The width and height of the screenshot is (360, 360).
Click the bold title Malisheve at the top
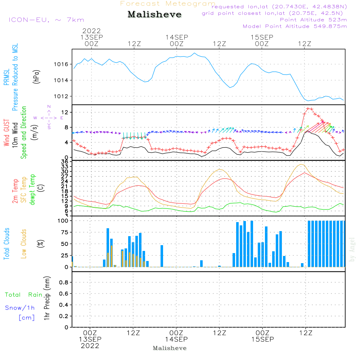pos(154,14)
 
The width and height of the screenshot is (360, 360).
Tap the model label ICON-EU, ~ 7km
pos(46,20)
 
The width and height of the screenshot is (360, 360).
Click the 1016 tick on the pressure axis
pos(61,64)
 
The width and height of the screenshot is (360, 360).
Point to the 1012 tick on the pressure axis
pos(61,96)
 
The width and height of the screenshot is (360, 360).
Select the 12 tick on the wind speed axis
pos(65,112)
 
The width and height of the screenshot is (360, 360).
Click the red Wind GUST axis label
pos(6,132)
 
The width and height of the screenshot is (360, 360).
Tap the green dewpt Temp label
pos(32,189)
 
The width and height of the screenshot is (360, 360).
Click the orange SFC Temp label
pos(24,190)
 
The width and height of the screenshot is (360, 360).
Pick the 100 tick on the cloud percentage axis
pos(63,221)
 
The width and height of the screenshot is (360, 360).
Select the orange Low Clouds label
pos(24,244)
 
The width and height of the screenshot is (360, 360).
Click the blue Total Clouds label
pos(6,244)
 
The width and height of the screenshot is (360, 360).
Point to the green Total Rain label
pos(24,295)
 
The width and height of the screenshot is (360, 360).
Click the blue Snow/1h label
pos(20,308)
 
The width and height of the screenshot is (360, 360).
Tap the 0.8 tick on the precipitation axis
pos(64,282)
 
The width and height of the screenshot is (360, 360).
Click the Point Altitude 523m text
pos(314,20)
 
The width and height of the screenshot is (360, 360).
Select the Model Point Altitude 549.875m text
pos(295,26)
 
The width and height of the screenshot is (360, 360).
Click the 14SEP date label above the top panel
pos(177,37)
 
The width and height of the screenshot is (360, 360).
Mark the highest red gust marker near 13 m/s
pos(308,109)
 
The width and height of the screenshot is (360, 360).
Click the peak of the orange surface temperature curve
pos(301,165)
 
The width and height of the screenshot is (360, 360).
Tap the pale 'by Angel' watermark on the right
pos(352,249)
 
